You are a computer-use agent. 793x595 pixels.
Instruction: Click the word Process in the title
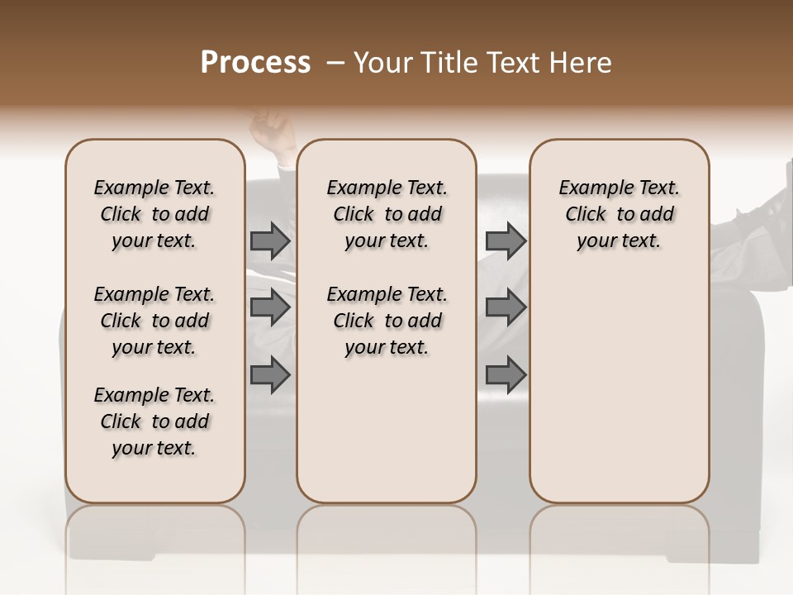[255, 62]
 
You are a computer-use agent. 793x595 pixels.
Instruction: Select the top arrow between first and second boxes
[270, 240]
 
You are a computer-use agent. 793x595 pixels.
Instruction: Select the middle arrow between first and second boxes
[270, 307]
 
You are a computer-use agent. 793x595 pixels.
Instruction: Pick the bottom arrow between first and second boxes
[270, 375]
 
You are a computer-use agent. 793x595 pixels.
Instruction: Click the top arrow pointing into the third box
[506, 240]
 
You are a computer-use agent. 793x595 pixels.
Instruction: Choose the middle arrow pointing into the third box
[506, 307]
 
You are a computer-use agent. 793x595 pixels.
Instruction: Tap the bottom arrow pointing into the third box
[506, 375]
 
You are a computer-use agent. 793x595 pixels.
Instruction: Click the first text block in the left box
[154, 214]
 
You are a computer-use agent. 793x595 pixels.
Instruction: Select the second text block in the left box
[154, 321]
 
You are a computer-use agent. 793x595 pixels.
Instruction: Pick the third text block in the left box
[154, 421]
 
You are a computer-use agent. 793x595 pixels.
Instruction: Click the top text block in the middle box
[387, 214]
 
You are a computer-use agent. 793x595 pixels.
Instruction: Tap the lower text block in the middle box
[387, 321]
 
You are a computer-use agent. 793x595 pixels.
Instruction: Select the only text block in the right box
[620, 214]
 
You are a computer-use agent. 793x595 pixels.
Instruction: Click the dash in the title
[335, 62]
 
